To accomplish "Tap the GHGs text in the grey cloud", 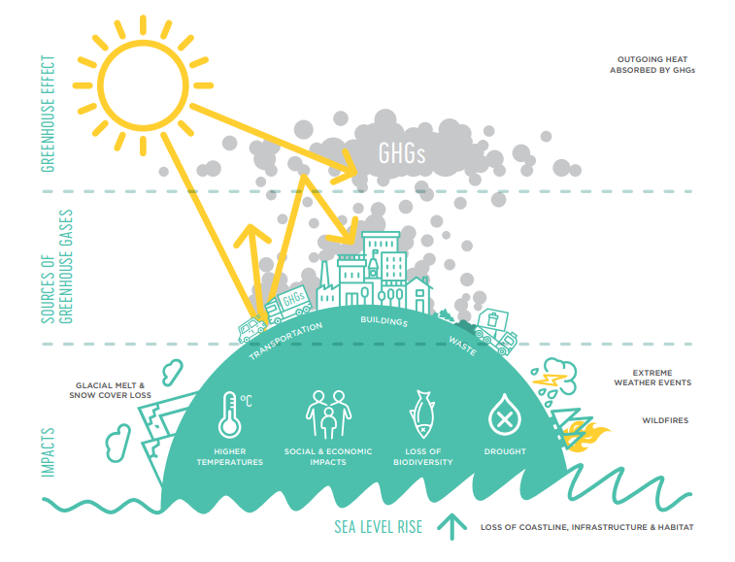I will [x=402, y=153].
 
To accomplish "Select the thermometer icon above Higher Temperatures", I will [x=229, y=414].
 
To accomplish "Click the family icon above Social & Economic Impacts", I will [x=327, y=415].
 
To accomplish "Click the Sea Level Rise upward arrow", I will [x=451, y=526].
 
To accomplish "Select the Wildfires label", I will [x=665, y=420].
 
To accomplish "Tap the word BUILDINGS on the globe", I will [x=384, y=320].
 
